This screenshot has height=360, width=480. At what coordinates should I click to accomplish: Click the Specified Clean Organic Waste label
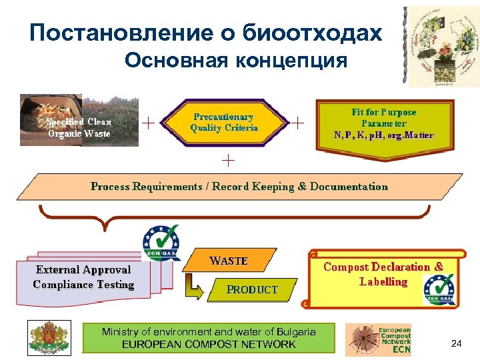click(79, 127)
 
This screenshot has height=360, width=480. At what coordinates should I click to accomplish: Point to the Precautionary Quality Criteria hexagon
click(224, 123)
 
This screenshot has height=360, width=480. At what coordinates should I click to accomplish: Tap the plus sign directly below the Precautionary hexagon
click(228, 159)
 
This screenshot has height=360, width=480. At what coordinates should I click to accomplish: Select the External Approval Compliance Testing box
click(84, 277)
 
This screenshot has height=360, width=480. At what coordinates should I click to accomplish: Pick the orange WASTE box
click(229, 261)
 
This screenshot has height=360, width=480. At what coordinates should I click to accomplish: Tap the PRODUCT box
click(252, 289)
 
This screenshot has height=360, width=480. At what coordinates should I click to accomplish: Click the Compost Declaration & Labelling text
click(383, 274)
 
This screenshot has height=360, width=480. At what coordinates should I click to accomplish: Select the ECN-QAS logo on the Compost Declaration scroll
click(439, 291)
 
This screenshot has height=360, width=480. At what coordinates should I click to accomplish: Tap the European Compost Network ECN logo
click(378, 339)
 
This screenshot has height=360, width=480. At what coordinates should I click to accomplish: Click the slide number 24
click(456, 343)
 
